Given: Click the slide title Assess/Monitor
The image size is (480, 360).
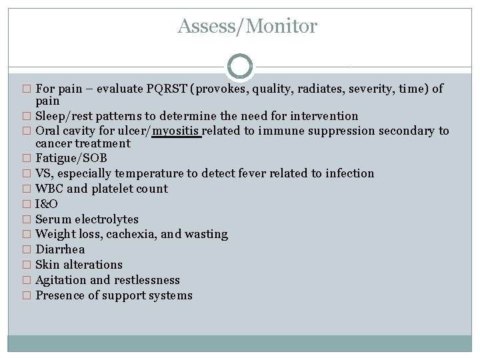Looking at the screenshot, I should [247, 27].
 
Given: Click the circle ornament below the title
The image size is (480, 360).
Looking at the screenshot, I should [240, 67].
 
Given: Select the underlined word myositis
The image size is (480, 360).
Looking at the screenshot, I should [177, 131].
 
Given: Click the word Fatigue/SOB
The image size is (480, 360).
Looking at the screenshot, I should [71, 158].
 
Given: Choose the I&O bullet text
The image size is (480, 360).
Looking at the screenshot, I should [46, 204].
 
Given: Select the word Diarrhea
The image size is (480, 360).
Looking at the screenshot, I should [60, 249].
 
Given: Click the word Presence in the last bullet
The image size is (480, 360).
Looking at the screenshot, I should [60, 295].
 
